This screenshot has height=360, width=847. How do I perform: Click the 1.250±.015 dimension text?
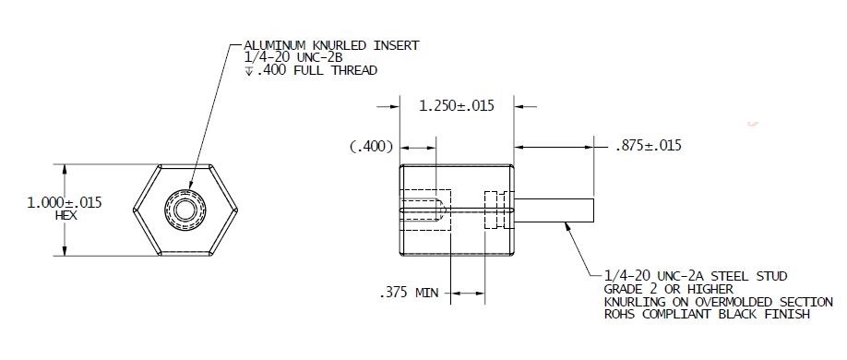click(456, 105)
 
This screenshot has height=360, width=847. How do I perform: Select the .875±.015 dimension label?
click(650, 146)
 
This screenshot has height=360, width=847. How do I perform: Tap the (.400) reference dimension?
click(372, 146)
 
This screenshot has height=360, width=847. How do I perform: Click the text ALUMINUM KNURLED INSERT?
click(331, 45)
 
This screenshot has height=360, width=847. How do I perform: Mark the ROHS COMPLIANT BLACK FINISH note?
click(707, 315)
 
